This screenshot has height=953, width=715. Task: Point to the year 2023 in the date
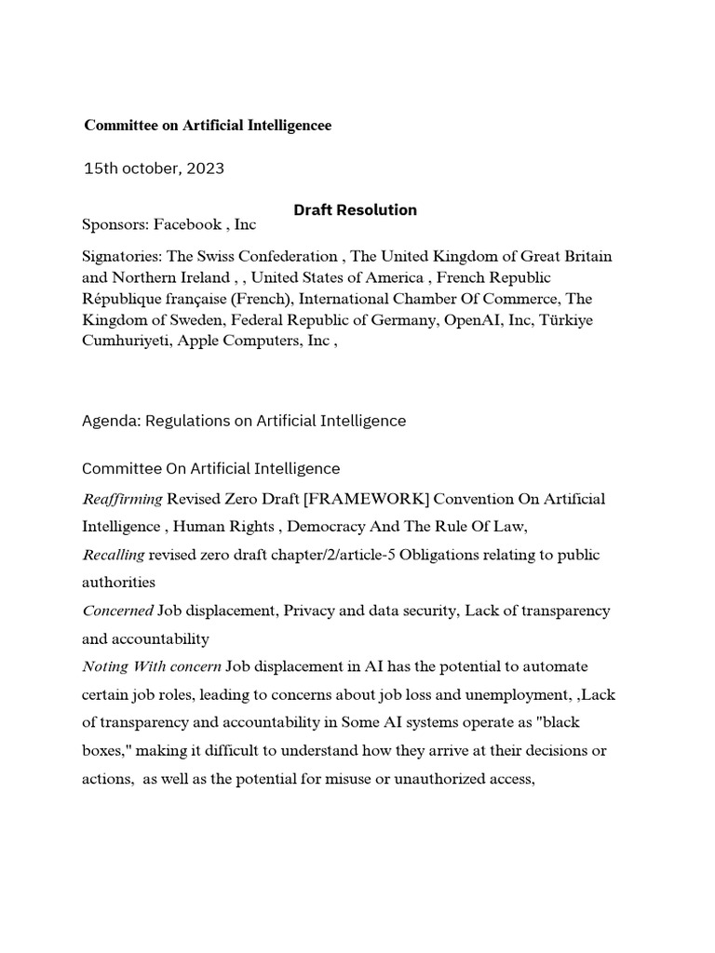(x=205, y=168)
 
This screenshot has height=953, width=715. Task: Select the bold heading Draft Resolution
(x=356, y=209)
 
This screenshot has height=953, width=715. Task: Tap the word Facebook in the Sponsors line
(x=188, y=224)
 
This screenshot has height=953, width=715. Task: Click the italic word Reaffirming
(x=122, y=499)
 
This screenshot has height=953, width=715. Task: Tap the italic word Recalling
(x=114, y=555)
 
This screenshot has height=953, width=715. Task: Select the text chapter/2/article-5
(x=305, y=555)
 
